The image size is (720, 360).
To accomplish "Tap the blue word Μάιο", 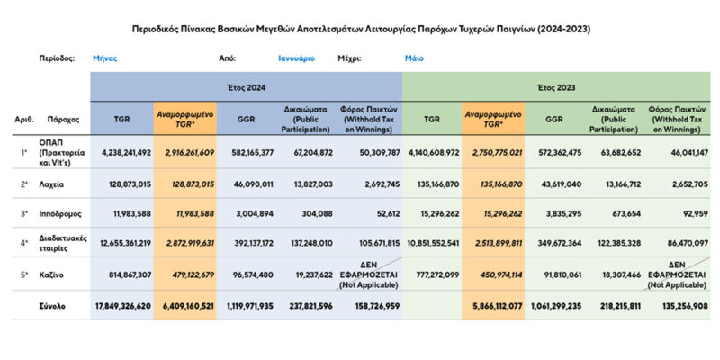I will click(415, 58).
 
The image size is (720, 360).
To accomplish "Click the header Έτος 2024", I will click(246, 87).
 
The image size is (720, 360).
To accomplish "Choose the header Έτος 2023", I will click(555, 87).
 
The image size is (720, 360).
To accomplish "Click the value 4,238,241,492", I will click(121, 154).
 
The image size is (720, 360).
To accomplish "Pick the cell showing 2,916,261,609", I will click(184, 154).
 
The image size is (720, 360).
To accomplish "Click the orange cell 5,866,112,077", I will click(492, 304).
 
